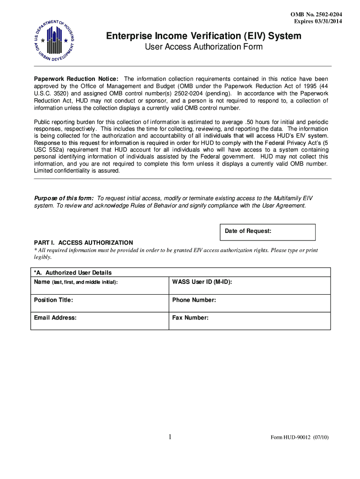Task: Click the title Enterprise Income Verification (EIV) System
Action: pyautogui.click(x=203, y=36)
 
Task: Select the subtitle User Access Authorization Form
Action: pyautogui.click(x=203, y=47)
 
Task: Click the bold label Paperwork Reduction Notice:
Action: pyautogui.click(x=76, y=79)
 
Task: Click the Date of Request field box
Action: pyautogui.click(x=267, y=232)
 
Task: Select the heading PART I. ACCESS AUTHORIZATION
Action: pyautogui.click(x=83, y=243)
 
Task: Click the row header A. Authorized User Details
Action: pyautogui.click(x=72, y=273)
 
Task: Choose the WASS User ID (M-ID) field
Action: pyautogui.click(x=249, y=285)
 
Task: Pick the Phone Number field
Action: pyautogui.click(x=249, y=303)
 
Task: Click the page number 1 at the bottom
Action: pyautogui.click(x=170, y=437)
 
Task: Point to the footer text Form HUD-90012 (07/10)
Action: pyautogui.click(x=300, y=438)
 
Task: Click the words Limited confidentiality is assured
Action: pyautogui.click(x=77, y=171)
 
